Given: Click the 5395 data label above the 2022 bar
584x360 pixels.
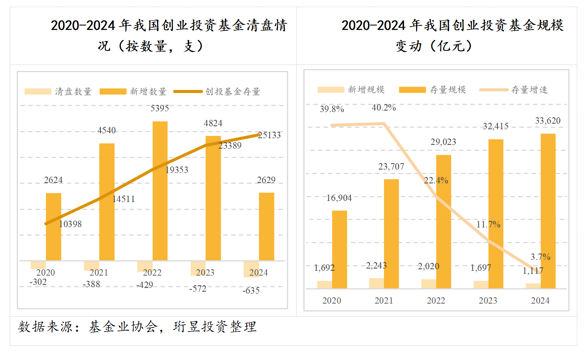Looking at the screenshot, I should [160, 108].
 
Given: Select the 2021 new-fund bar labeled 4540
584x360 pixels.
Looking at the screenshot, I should [107, 202].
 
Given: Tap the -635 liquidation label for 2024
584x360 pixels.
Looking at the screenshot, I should [251, 291].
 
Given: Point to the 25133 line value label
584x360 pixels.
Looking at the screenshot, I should [269, 135].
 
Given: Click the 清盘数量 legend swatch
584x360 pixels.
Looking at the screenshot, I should [38, 91].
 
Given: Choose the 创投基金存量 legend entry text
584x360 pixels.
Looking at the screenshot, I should [232, 91].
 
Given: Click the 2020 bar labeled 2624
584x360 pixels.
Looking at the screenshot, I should [53, 226].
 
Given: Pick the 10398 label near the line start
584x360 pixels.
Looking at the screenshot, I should [70, 224].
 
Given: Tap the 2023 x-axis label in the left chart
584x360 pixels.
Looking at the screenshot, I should [205, 273].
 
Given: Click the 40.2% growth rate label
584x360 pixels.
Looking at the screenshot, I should [384, 108].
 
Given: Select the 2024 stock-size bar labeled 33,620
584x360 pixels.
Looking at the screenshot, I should [548, 211].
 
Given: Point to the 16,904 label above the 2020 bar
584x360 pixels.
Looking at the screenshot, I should [339, 198].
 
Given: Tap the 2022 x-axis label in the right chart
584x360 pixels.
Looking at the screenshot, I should [436, 301].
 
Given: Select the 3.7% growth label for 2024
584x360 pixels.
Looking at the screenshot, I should [540, 257].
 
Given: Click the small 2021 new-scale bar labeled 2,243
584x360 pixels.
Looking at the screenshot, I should [376, 283].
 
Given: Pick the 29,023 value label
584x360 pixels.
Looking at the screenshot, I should [443, 142].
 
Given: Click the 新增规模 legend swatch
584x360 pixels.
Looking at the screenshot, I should [331, 90].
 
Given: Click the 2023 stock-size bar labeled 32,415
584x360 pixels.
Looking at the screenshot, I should [496, 214].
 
